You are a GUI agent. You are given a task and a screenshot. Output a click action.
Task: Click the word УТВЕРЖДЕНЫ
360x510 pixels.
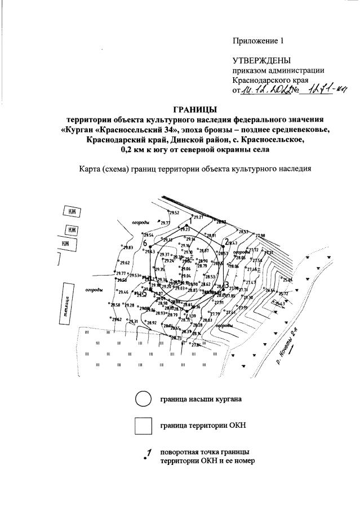[262, 60]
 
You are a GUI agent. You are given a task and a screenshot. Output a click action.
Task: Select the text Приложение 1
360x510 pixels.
[256, 41]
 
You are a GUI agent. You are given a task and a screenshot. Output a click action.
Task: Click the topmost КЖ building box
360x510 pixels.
[72, 212]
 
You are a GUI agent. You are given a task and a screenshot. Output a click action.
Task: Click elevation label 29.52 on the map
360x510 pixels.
[174, 213]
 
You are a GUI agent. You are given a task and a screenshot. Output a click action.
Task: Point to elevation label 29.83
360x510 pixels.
[127, 248]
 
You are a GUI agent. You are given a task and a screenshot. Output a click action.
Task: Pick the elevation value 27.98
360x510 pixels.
[260, 236]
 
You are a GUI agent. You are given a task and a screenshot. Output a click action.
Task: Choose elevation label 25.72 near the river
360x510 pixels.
[283, 294]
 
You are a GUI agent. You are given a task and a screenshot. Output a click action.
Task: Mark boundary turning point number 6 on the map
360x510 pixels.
[145, 243]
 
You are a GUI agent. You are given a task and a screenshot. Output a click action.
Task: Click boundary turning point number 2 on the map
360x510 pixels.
[226, 241]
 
